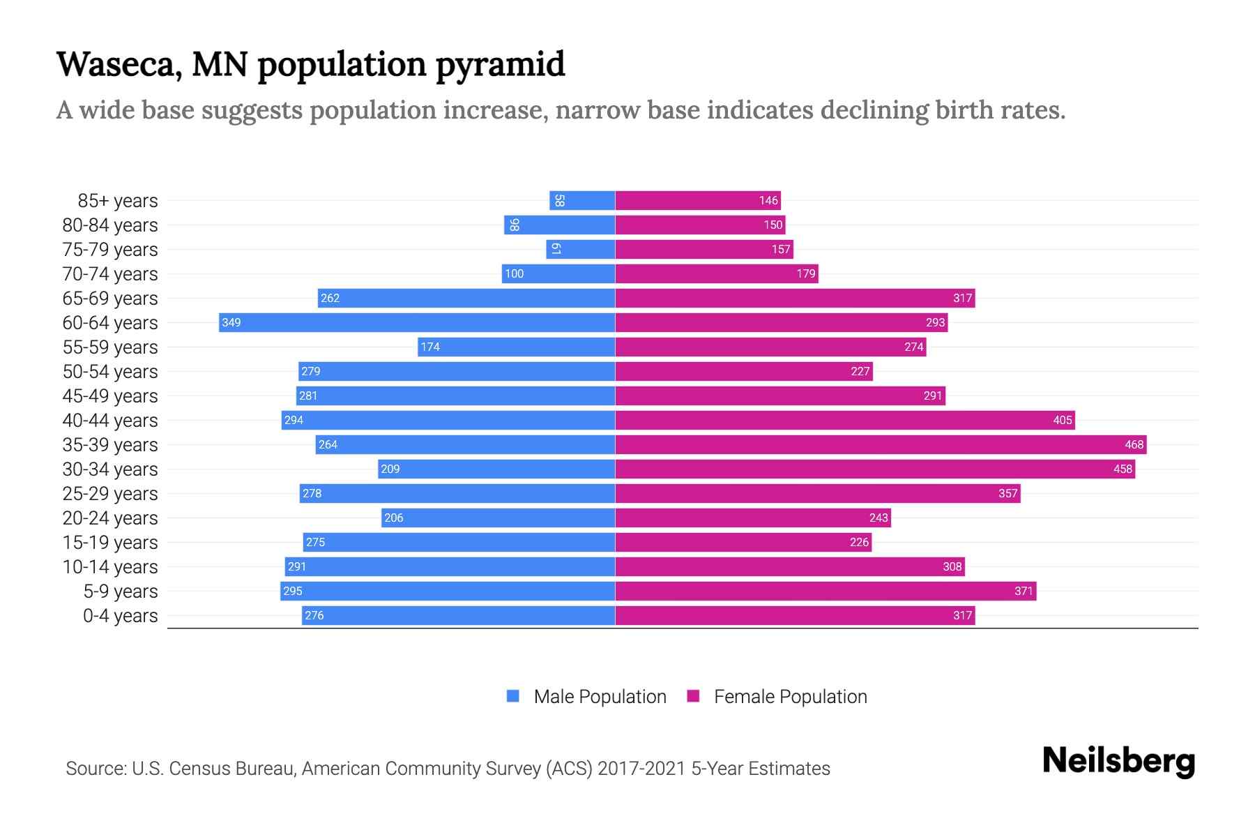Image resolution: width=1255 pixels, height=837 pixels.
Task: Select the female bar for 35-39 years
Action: pos(880,444)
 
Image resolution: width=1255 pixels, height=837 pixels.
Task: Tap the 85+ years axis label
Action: pos(117,201)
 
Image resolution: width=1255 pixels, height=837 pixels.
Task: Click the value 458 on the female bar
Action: pos(1122,469)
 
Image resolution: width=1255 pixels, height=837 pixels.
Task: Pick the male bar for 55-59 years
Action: pos(516,347)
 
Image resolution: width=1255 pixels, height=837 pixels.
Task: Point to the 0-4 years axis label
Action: pos(120,616)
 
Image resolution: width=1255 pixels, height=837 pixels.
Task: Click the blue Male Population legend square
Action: pos(513,696)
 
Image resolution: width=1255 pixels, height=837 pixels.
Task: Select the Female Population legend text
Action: pos(790,697)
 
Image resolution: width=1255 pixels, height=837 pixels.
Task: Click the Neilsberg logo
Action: pos(1118,761)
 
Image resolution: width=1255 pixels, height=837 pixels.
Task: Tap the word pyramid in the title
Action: pos(500,64)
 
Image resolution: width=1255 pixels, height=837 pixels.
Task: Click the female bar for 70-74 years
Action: pos(716,273)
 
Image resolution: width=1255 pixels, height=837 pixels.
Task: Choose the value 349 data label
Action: pos(231,322)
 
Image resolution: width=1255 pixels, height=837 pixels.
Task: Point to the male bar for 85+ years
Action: pos(582,201)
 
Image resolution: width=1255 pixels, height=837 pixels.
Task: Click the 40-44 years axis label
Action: pos(110,421)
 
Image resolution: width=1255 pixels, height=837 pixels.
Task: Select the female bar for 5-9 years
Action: pos(826,591)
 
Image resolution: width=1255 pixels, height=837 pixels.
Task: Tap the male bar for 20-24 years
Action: pos(498,518)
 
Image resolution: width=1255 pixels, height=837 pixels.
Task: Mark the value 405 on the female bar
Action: pos(1062,420)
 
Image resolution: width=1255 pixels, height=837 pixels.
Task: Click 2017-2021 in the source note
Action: pos(641,769)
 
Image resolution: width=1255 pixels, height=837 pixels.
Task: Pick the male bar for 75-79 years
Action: pos(581,249)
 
